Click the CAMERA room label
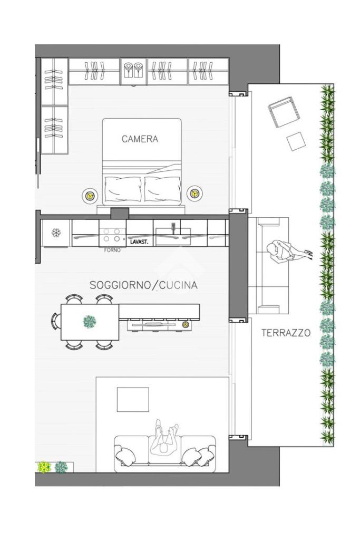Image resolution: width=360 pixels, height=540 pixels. click(x=140, y=139)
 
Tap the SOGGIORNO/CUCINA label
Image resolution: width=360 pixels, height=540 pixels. click(x=143, y=285)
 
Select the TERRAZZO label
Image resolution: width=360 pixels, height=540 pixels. click(x=286, y=333)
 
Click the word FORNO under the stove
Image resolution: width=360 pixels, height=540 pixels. click(x=112, y=250)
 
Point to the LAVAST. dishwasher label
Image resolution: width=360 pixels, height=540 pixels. click(x=139, y=242)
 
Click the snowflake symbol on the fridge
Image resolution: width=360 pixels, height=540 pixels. click(x=56, y=233)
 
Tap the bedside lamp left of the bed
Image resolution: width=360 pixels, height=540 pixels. click(x=90, y=195)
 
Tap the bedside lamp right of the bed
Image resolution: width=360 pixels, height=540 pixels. click(x=194, y=193)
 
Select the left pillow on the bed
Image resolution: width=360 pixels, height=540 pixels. click(x=123, y=189)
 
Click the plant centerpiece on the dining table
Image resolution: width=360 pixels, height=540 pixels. click(x=90, y=322)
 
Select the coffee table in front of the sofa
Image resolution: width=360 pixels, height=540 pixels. click(x=133, y=400)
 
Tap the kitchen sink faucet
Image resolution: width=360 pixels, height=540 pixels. click(x=173, y=227)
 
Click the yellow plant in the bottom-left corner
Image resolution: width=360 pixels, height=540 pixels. click(x=44, y=467)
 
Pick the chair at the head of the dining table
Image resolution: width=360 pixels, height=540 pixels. click(x=55, y=321)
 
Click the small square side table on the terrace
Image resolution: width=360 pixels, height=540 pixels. click(x=296, y=141)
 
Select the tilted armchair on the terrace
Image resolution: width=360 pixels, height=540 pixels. click(x=282, y=112)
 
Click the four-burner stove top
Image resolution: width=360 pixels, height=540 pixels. click(x=112, y=235)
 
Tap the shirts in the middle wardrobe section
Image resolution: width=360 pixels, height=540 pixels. click(x=133, y=70)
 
